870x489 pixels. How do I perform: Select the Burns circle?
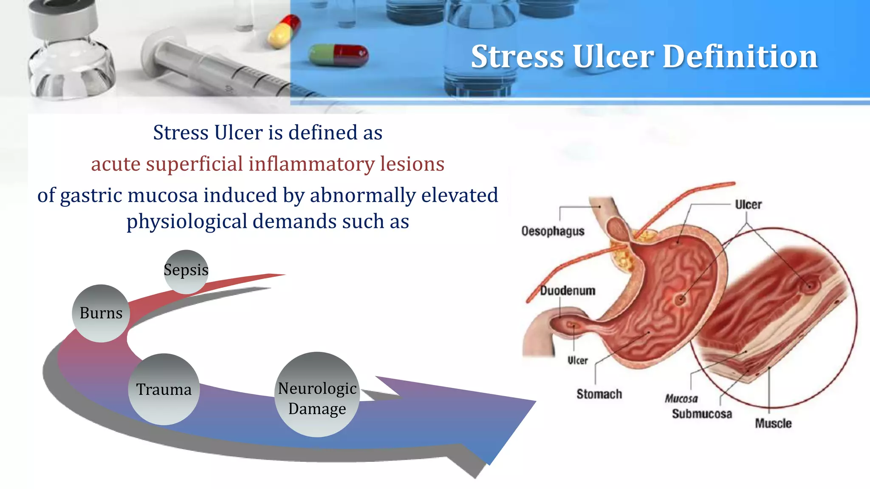click(101, 313)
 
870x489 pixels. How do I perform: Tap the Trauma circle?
click(164, 389)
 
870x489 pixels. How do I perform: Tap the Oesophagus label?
click(553, 231)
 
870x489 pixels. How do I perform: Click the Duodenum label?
click(568, 291)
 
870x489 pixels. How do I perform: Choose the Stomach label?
click(599, 394)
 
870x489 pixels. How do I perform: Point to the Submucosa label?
click(702, 414)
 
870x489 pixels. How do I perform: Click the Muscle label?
click(773, 423)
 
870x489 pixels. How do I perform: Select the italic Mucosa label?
click(681, 399)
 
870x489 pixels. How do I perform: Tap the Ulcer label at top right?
click(748, 205)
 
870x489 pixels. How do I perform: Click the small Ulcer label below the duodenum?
click(578, 360)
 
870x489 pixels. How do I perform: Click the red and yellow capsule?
click(284, 31)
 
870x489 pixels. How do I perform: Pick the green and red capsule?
click(339, 56)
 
